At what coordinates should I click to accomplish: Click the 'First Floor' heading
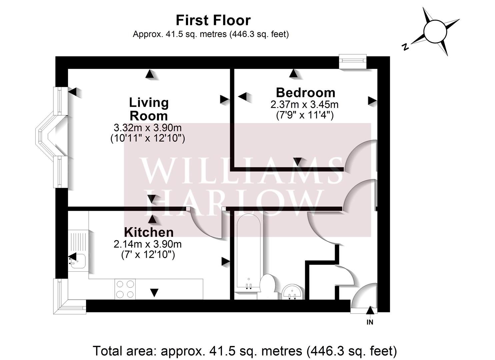coord(213,20)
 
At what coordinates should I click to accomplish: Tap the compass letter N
coord(405,47)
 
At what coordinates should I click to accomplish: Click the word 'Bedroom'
coord(305,93)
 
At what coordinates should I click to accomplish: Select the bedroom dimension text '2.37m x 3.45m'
coord(304,105)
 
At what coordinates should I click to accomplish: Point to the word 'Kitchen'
coord(149,232)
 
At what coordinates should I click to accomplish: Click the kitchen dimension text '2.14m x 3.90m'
coord(148,244)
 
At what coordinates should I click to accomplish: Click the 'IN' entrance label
coord(370,322)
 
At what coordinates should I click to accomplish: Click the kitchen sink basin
coord(77,261)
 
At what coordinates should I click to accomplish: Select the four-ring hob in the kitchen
coord(125,289)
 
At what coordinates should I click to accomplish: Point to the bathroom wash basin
coord(293,292)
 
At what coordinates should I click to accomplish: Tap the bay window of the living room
coord(52,137)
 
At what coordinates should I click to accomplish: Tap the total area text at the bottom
coord(245,351)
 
